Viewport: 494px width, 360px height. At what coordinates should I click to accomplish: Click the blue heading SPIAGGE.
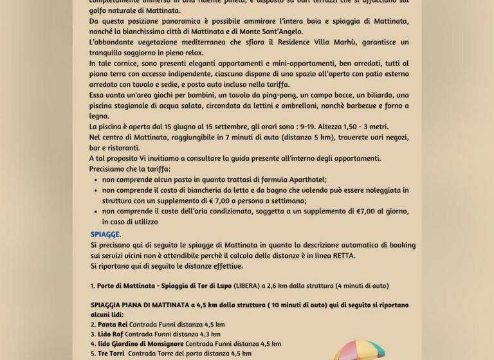click(x=105, y=234)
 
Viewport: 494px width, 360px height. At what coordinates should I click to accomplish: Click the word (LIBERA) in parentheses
click(x=246, y=285)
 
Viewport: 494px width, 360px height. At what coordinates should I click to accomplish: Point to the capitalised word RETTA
click(x=342, y=255)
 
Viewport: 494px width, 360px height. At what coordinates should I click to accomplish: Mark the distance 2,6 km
click(x=288, y=285)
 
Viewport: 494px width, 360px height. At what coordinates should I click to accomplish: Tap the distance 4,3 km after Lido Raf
click(x=207, y=334)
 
